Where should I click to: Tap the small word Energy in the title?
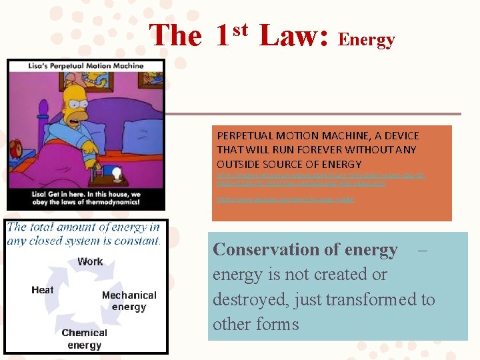pos(367,41)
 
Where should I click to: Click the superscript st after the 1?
pos(240,29)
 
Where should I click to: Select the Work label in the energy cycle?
pos(90,261)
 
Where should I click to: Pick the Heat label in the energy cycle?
pos(42,290)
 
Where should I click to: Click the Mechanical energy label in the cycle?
pos(129,301)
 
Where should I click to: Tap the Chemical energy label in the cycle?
pos(84,339)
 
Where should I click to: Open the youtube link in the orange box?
pos(286,199)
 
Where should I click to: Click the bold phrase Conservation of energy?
pos(305,250)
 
